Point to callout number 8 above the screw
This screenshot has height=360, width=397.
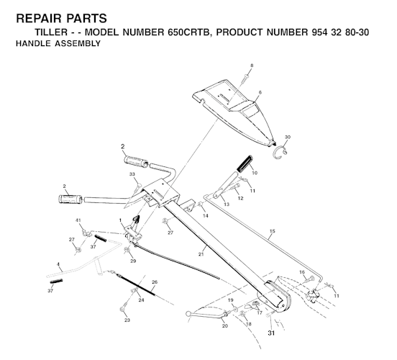(x=251, y=66)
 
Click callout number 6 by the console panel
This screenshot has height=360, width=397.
(x=259, y=93)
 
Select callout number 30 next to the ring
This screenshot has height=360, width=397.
(x=288, y=137)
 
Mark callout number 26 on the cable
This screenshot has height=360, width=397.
(x=154, y=282)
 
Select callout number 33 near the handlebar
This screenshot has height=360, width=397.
(x=132, y=174)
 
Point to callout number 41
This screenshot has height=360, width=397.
(x=78, y=219)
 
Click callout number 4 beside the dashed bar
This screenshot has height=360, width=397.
(x=57, y=264)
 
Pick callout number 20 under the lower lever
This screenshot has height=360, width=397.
(x=224, y=326)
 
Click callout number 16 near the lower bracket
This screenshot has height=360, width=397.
(x=302, y=272)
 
